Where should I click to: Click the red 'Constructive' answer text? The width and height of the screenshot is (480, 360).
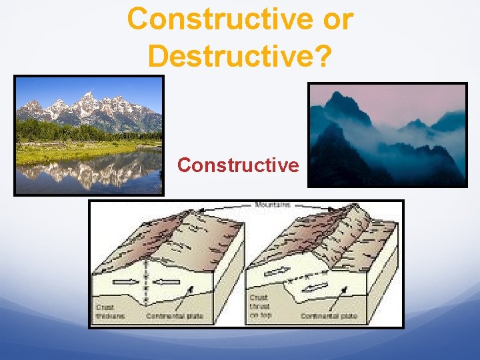tap(238, 165)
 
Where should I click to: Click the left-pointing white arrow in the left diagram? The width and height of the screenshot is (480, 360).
tap(167, 281)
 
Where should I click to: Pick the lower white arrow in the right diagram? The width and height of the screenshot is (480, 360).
tap(317, 286)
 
